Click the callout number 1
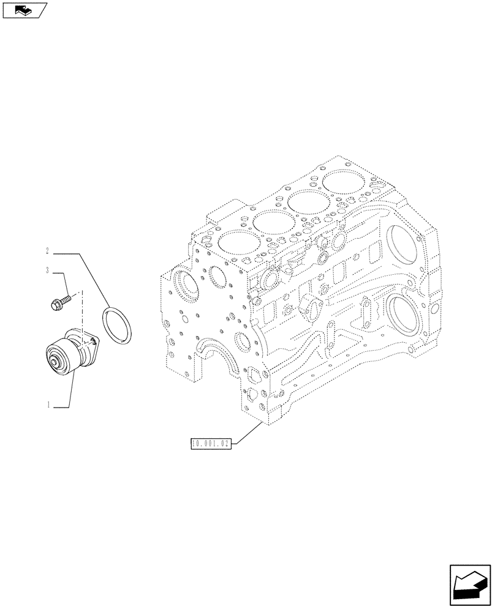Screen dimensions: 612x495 [48, 405]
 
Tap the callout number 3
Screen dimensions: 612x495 [48, 270]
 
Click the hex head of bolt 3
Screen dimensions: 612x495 [54, 302]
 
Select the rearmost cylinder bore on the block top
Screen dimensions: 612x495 [341, 182]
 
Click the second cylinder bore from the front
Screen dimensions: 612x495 [270, 221]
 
